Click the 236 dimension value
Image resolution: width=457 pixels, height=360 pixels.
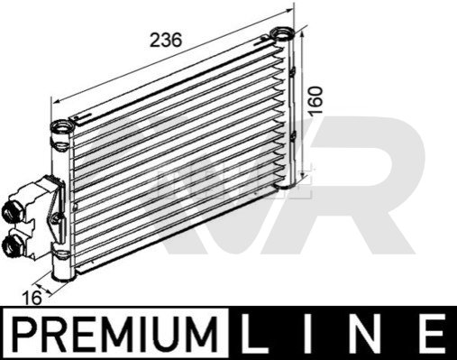(x=166, y=41)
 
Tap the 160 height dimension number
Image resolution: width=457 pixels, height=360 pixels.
(x=315, y=101)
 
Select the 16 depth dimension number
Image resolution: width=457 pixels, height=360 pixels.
(x=32, y=299)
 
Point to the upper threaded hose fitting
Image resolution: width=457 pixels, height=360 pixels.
(x=13, y=212)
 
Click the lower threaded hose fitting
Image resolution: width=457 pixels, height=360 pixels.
(x=13, y=245)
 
